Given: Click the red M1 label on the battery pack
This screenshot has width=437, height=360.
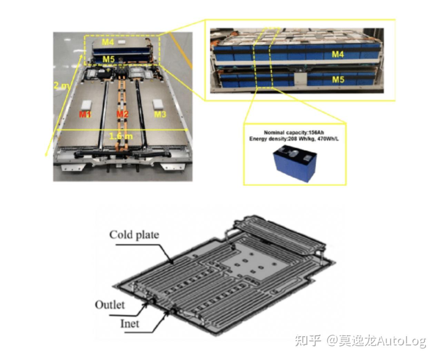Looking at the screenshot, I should point(85,114).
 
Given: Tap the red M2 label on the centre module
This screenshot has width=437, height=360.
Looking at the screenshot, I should point(122,114).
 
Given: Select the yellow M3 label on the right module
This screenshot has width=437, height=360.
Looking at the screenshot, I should point(160,114).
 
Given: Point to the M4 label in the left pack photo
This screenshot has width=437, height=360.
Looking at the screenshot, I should point(108,42).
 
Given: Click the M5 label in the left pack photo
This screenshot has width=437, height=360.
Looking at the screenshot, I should point(108,59).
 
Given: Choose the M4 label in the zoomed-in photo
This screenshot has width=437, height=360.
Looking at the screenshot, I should point(338,54).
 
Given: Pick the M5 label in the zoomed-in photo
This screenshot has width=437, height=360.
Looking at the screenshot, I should point(338,79).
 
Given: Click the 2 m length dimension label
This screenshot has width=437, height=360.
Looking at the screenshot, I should point(61,85).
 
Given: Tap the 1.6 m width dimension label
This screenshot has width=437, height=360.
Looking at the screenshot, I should point(121,136).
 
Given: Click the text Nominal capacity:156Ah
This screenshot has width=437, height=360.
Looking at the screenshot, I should point(294,133).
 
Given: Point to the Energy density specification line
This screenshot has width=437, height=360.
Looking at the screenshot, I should point(294,139).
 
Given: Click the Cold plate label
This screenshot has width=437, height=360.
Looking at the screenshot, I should point(134,235).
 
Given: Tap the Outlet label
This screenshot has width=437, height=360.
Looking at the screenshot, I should point(110,305).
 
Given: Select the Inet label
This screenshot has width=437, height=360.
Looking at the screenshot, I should point(130,324).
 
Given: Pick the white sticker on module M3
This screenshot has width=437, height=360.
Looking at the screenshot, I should point(158,104).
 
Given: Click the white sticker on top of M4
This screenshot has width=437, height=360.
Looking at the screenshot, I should point(122,42).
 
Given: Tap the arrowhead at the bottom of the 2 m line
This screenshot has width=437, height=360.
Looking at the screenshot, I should point(46,154).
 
